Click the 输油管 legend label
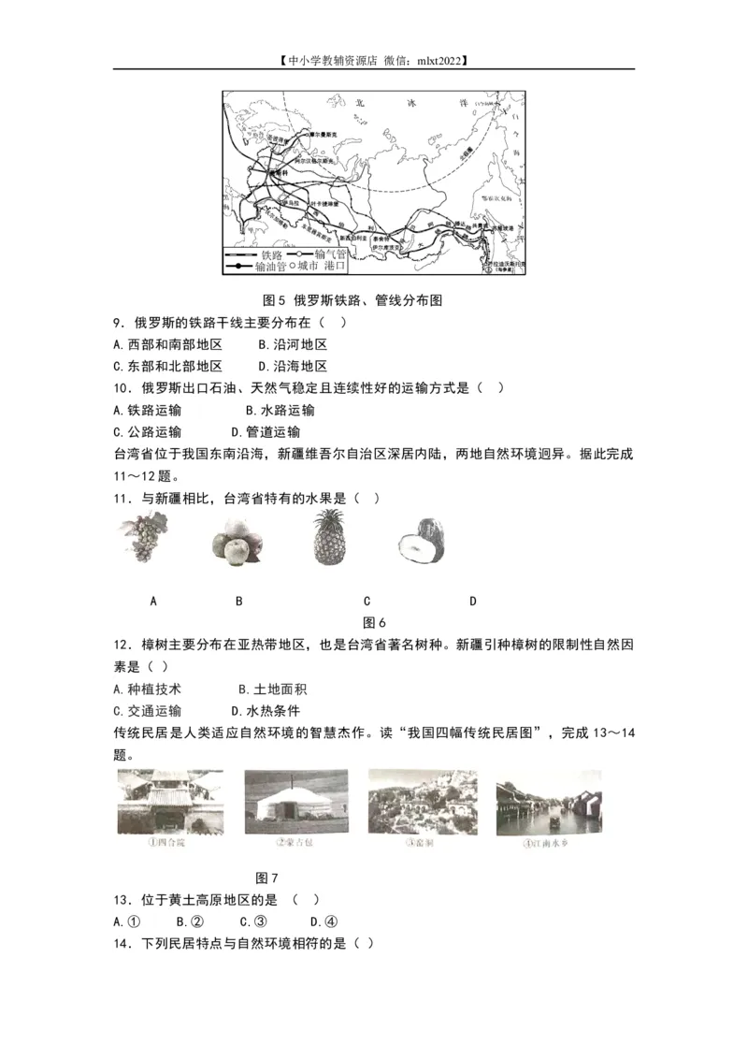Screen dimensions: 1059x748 [263, 267]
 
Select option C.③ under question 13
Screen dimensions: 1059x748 [249, 921]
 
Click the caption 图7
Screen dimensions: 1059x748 [267, 878]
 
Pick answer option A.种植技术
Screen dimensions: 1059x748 [147, 689]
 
